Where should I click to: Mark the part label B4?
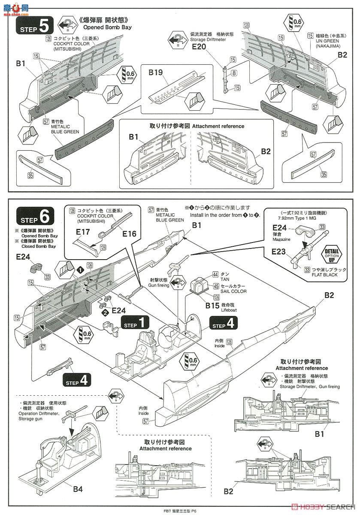pos(78,488)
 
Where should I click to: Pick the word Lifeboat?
pos(229,309)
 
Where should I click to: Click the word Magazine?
pos(281,239)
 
